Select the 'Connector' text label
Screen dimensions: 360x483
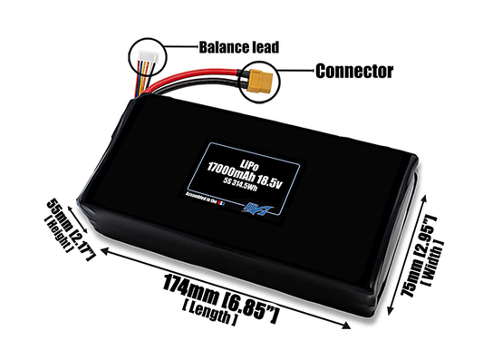(x=355, y=70)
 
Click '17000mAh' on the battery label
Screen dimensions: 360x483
(x=237, y=168)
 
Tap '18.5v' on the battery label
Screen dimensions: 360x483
(x=283, y=168)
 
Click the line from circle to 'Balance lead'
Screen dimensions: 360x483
(x=183, y=46)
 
